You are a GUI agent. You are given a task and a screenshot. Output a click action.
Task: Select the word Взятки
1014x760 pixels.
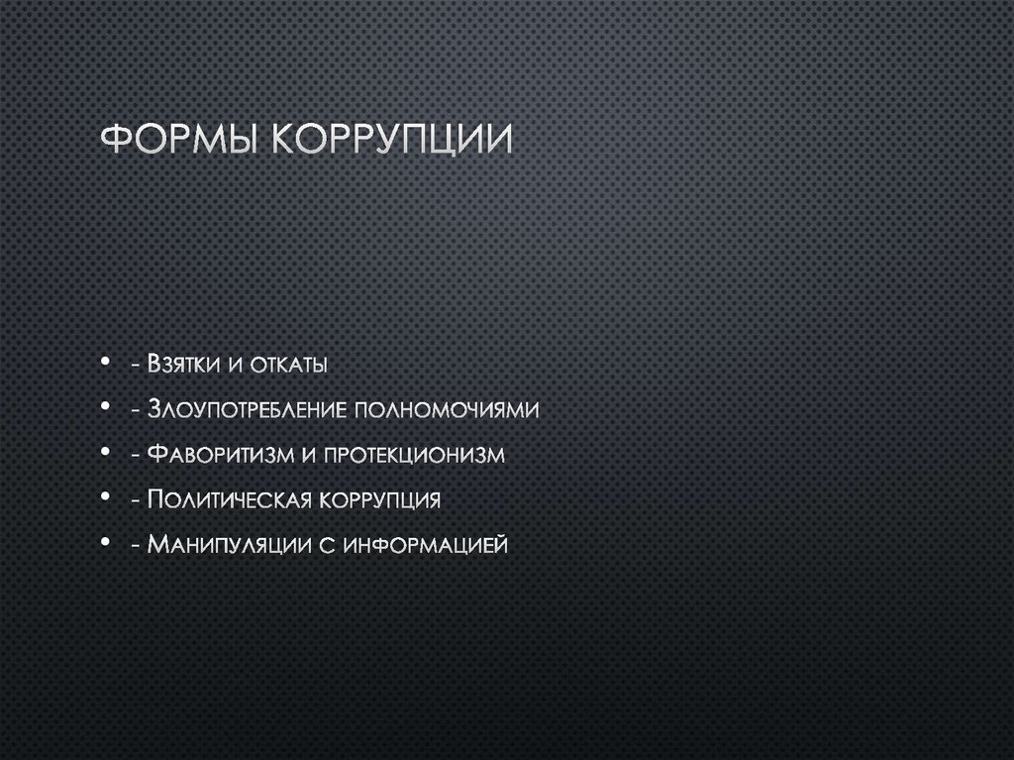[x=182, y=365]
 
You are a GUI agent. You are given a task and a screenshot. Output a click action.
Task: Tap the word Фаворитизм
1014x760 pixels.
[x=219, y=455]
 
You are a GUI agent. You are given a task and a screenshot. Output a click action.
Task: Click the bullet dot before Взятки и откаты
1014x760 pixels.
[x=105, y=365]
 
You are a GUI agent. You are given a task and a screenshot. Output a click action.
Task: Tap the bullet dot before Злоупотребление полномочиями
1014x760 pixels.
[x=105, y=409]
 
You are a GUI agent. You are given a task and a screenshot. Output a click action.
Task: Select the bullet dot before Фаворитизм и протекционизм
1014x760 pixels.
[x=105, y=454]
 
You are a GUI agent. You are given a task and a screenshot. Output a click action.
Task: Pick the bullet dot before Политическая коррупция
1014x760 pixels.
[x=105, y=498]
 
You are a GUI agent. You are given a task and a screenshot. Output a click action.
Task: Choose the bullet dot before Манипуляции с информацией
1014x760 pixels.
[x=105, y=543]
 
